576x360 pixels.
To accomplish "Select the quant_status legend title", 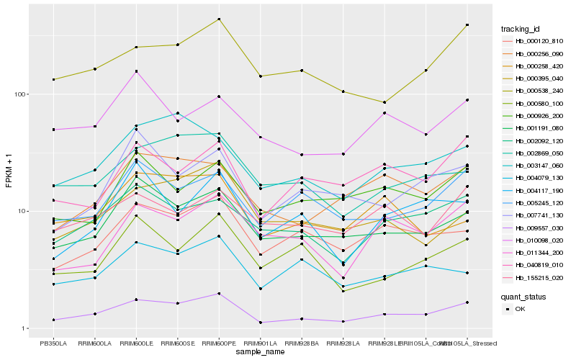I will pyautogui.click(x=525, y=296).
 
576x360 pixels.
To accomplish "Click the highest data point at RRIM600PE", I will pyautogui.click(x=220, y=19).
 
